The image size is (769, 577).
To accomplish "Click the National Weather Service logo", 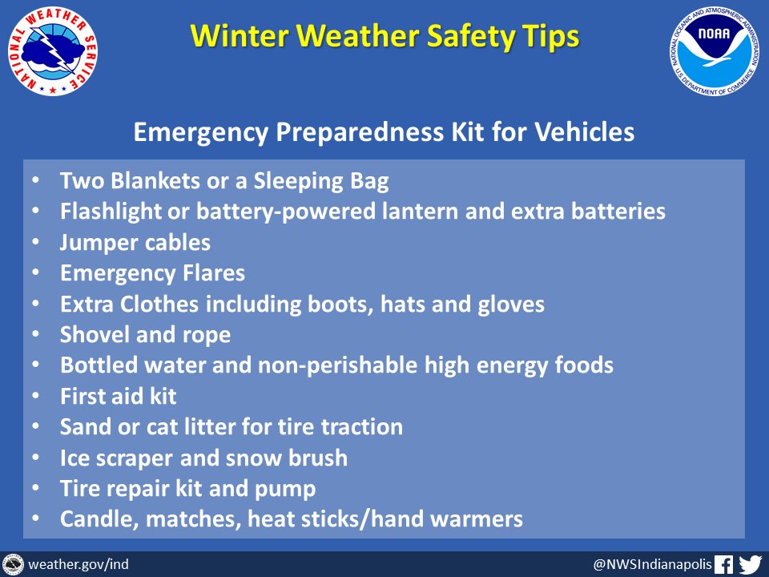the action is click(53, 51).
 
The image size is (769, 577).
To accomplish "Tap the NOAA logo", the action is click(714, 51).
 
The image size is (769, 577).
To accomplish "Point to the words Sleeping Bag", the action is click(321, 182).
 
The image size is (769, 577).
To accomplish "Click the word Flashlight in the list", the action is click(111, 212).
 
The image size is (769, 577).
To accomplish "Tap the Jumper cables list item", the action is click(135, 243).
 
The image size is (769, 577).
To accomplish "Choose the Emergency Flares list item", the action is click(152, 274).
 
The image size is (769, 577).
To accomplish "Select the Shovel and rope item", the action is click(145, 335).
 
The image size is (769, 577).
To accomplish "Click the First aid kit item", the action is click(119, 397).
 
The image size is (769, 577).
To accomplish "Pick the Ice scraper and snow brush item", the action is click(204, 458).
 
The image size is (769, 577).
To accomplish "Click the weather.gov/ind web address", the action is click(79, 564).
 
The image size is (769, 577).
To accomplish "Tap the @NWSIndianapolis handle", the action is click(652, 564).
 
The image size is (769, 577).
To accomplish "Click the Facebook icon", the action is click(723, 564).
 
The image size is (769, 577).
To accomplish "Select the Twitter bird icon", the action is click(750, 564).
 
